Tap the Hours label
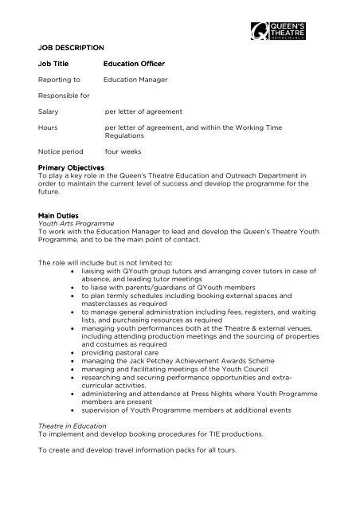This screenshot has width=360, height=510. point(48,126)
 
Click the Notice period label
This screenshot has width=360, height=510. point(63,150)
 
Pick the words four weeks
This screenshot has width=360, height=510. point(123,150)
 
